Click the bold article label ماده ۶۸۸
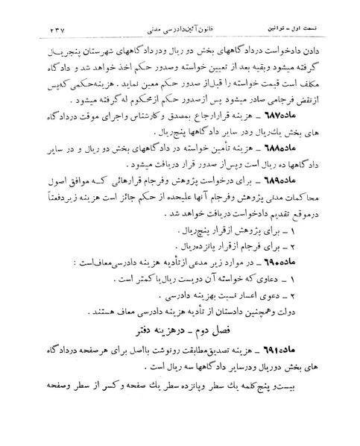coord(322,168)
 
